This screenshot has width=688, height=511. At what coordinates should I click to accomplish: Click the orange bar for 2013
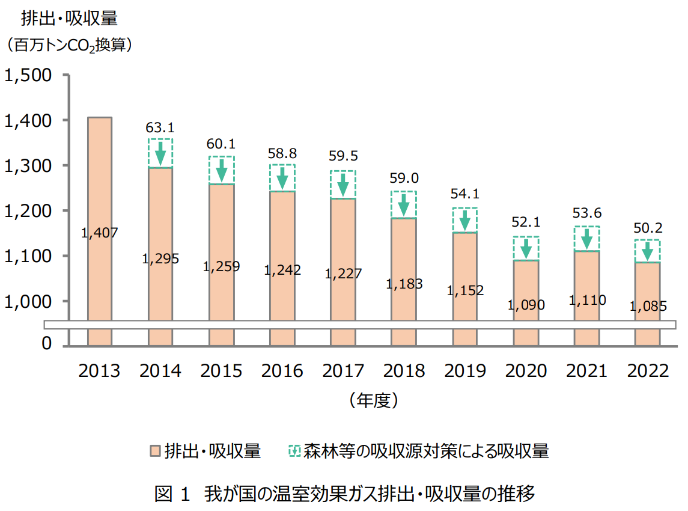click(100, 180)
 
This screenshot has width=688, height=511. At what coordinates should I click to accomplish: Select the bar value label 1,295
click(160, 259)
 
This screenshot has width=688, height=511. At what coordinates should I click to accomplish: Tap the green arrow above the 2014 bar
click(160, 153)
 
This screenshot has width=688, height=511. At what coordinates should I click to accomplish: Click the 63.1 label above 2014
click(160, 127)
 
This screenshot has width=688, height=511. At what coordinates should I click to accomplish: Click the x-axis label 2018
click(404, 371)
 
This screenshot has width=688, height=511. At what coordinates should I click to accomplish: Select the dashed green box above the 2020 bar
click(526, 248)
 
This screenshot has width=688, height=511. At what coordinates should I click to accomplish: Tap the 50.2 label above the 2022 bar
click(648, 228)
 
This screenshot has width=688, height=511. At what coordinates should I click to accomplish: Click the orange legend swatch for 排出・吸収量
click(155, 451)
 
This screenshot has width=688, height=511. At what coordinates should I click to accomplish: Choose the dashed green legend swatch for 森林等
click(294, 451)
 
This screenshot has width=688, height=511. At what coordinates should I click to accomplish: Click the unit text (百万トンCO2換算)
click(69, 45)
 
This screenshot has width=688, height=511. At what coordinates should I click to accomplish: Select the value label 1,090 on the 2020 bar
click(526, 305)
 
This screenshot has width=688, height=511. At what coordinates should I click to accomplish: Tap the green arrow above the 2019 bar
click(464, 220)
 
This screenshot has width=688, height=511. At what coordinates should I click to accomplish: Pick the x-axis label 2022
click(648, 371)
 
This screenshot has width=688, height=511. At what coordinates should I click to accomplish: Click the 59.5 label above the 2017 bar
click(343, 156)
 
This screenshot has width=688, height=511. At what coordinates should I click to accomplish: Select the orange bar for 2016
click(282, 240)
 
